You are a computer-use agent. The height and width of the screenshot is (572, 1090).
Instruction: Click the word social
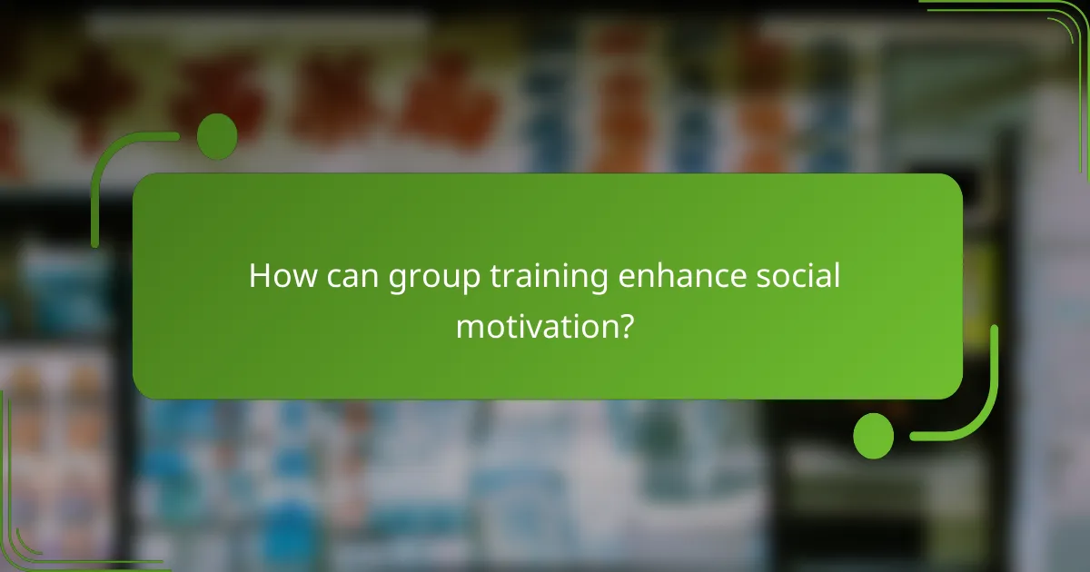[799, 277]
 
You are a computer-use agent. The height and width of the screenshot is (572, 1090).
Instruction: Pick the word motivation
[536, 324]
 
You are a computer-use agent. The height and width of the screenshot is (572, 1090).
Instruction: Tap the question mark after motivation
[624, 324]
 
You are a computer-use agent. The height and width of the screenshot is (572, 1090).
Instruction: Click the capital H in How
[259, 277]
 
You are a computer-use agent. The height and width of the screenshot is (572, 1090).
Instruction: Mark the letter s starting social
[765, 278]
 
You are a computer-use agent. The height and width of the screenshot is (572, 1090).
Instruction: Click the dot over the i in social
[819, 264]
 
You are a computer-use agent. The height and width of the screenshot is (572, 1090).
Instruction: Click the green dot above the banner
[217, 136]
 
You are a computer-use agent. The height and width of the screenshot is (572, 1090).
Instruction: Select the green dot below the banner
[873, 435]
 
